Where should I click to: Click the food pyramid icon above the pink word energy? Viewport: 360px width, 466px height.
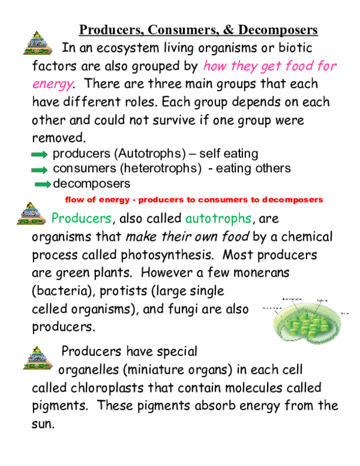(38, 43)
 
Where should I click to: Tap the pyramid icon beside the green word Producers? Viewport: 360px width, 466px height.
(31, 213)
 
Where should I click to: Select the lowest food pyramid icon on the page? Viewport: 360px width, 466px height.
(38, 358)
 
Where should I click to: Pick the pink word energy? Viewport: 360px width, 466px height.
(53, 84)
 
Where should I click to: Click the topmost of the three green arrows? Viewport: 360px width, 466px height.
(39, 154)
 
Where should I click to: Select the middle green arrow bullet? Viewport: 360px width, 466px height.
(39, 170)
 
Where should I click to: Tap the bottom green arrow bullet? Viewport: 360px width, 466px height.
(43, 184)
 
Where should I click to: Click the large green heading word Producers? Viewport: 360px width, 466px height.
(82, 218)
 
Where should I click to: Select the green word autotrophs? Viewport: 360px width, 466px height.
(218, 219)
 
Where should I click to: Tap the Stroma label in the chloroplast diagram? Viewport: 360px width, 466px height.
(345, 313)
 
